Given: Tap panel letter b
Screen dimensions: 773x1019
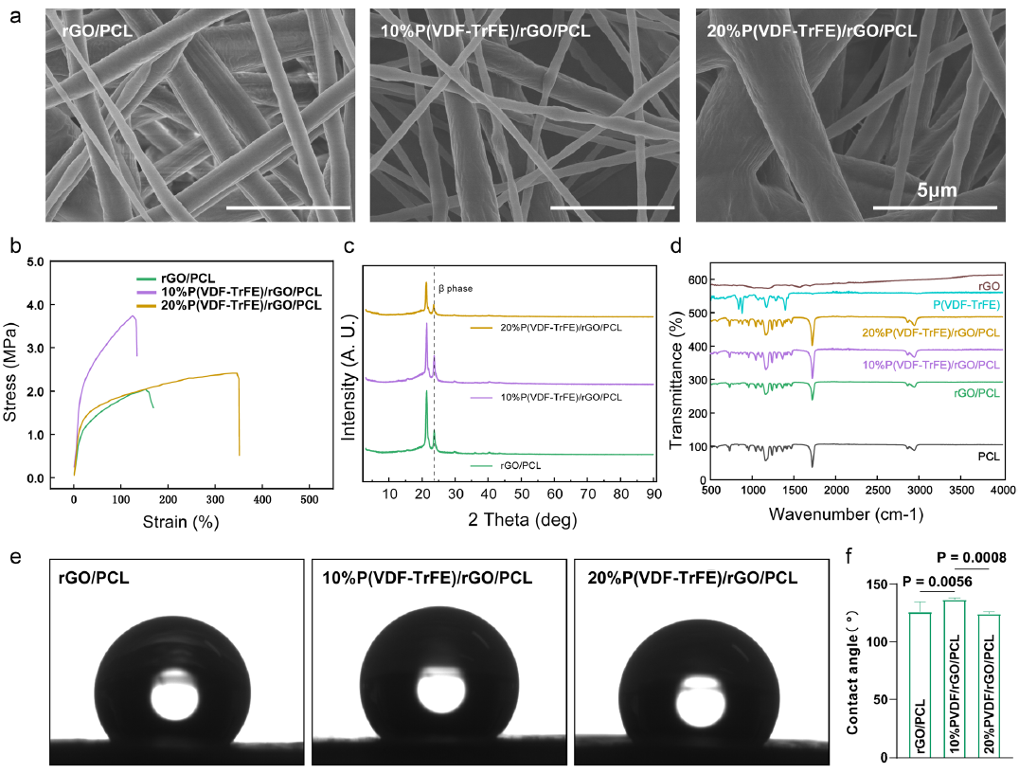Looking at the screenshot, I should (x=15, y=247).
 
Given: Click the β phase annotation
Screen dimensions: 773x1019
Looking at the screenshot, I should (x=455, y=288).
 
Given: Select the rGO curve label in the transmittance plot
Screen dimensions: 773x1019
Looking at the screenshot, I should (x=989, y=285).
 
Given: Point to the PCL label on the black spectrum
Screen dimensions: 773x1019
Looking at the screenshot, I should (x=990, y=456).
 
